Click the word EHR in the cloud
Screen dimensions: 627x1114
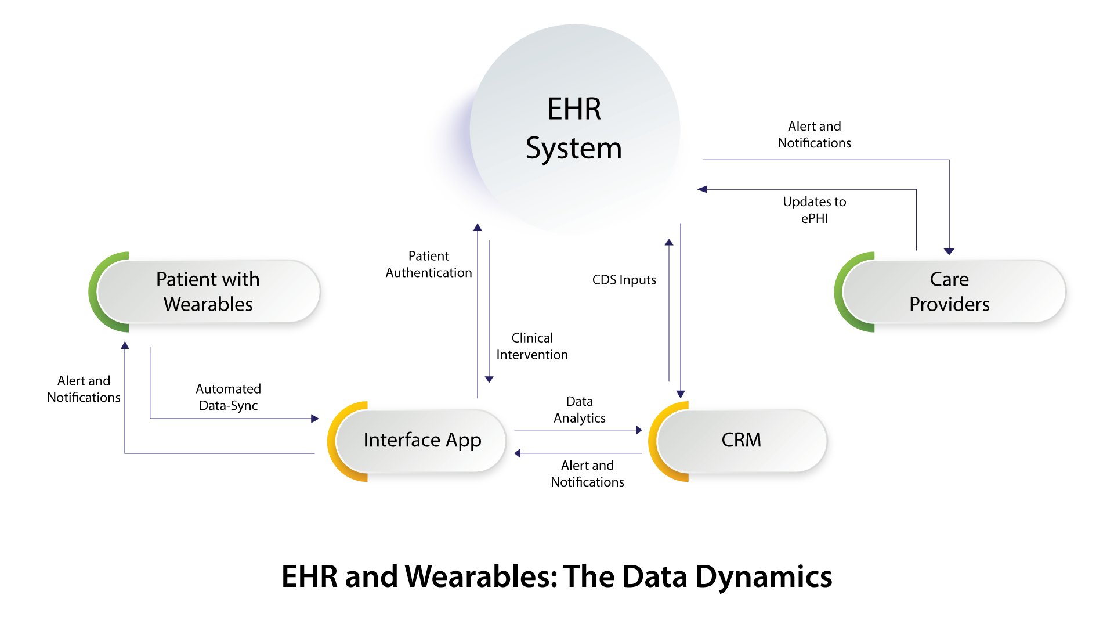574,109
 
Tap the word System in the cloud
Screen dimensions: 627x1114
574,148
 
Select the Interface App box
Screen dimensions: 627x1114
422,441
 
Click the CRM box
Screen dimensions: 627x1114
741,441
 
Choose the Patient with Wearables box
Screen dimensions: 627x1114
208,291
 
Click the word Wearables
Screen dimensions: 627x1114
208,304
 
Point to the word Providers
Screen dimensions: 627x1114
949,304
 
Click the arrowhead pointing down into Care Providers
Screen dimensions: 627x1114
949,251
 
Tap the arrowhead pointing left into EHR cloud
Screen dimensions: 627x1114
702,189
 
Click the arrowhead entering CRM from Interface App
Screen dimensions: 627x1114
639,430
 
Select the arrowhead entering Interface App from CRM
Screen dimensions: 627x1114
518,453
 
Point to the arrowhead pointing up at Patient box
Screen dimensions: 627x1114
125,345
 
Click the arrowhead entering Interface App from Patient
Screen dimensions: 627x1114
315,419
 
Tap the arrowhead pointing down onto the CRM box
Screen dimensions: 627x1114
681,394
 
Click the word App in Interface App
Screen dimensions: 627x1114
463,441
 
